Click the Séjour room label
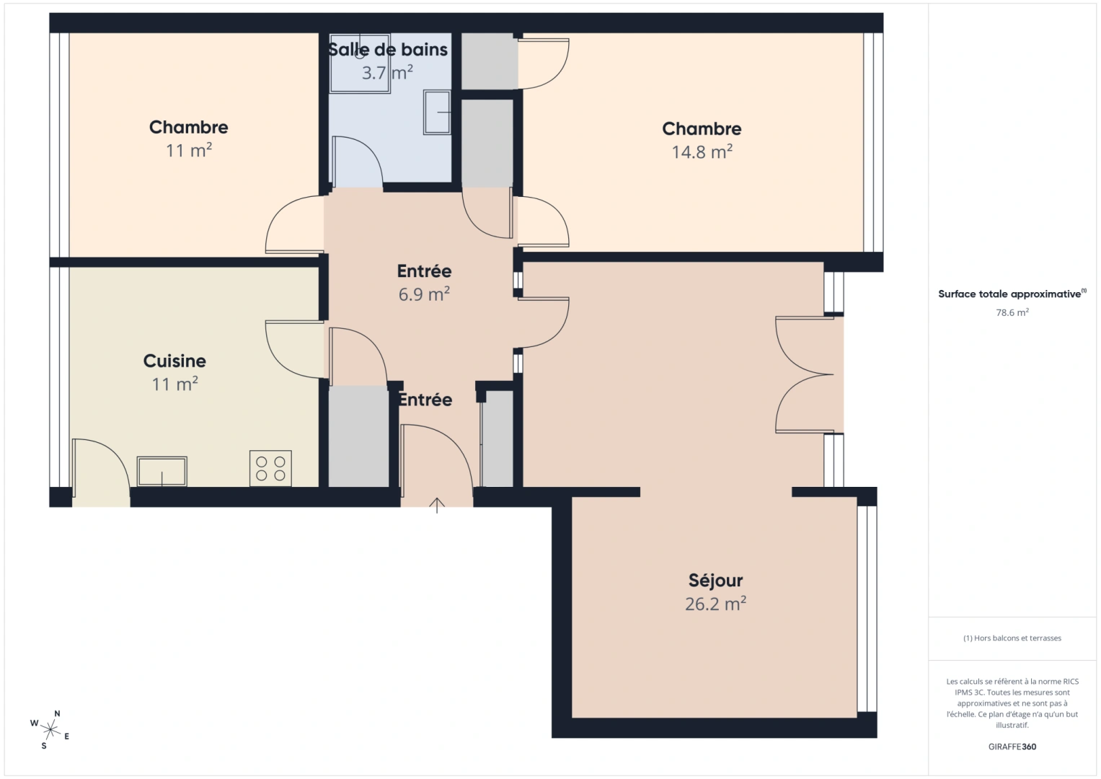tap(715, 581)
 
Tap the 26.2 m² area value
tap(715, 604)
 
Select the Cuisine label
tap(174, 361)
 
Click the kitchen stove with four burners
tap(270, 468)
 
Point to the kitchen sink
tap(162, 471)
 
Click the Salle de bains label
tap(388, 50)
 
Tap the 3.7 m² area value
tap(387, 73)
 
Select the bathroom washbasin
tap(437, 112)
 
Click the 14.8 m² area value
tap(702, 152)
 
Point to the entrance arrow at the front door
tap(437, 505)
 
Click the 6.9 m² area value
tap(424, 294)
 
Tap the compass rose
tap(50, 729)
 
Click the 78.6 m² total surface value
tap(1012, 313)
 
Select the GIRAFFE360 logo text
tap(1012, 747)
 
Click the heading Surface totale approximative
tap(1009, 294)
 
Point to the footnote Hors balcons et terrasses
tap(1012, 638)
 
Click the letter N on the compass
tap(58, 713)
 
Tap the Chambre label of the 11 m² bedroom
tap(188, 127)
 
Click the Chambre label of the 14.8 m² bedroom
tap(702, 128)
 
